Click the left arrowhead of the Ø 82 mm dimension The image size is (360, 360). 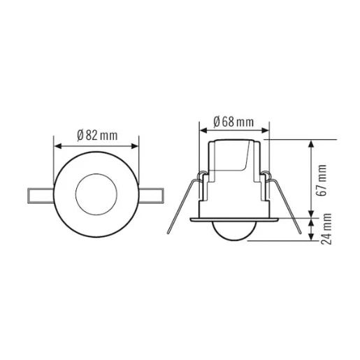click(x=57, y=146)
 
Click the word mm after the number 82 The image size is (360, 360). click(x=108, y=134)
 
